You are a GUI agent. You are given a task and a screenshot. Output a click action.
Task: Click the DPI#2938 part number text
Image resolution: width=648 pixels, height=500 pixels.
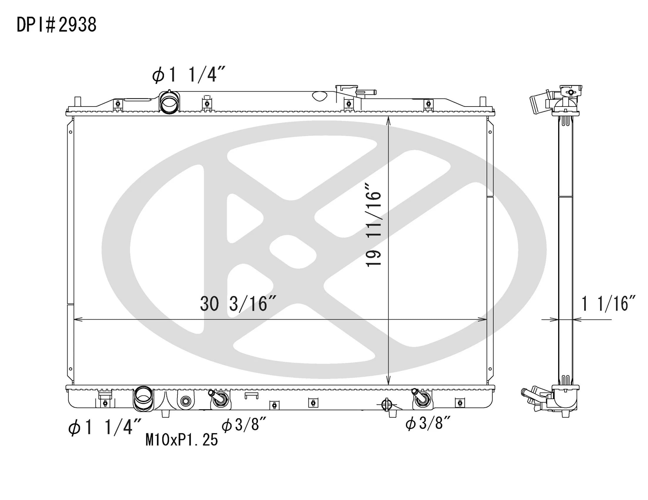pos(56,25)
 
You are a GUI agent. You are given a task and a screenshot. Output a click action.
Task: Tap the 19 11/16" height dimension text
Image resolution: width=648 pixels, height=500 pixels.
pos(373,225)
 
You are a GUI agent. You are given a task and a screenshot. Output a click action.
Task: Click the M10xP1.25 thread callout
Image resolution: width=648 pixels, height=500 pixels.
pos(182,440)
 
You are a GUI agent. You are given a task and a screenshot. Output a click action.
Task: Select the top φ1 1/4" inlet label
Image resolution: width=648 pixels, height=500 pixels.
pos(189,75)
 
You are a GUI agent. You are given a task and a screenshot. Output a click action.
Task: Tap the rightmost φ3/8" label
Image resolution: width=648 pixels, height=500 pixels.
pos(428,423)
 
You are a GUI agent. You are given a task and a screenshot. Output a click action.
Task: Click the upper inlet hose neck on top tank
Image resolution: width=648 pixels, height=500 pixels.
pos(169,102)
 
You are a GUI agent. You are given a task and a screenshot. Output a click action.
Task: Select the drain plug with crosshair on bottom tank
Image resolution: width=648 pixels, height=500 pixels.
pos(386,404)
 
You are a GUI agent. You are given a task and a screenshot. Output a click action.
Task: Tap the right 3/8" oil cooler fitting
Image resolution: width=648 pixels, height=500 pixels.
pos(422,398)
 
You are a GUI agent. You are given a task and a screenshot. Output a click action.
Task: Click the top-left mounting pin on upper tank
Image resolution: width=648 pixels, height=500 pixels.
pos(78,102)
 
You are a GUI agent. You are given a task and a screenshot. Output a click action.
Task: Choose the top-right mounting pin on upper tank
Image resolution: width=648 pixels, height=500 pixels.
pos(483,102)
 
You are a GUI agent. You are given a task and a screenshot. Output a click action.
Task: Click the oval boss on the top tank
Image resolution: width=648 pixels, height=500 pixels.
pos(320,96)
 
